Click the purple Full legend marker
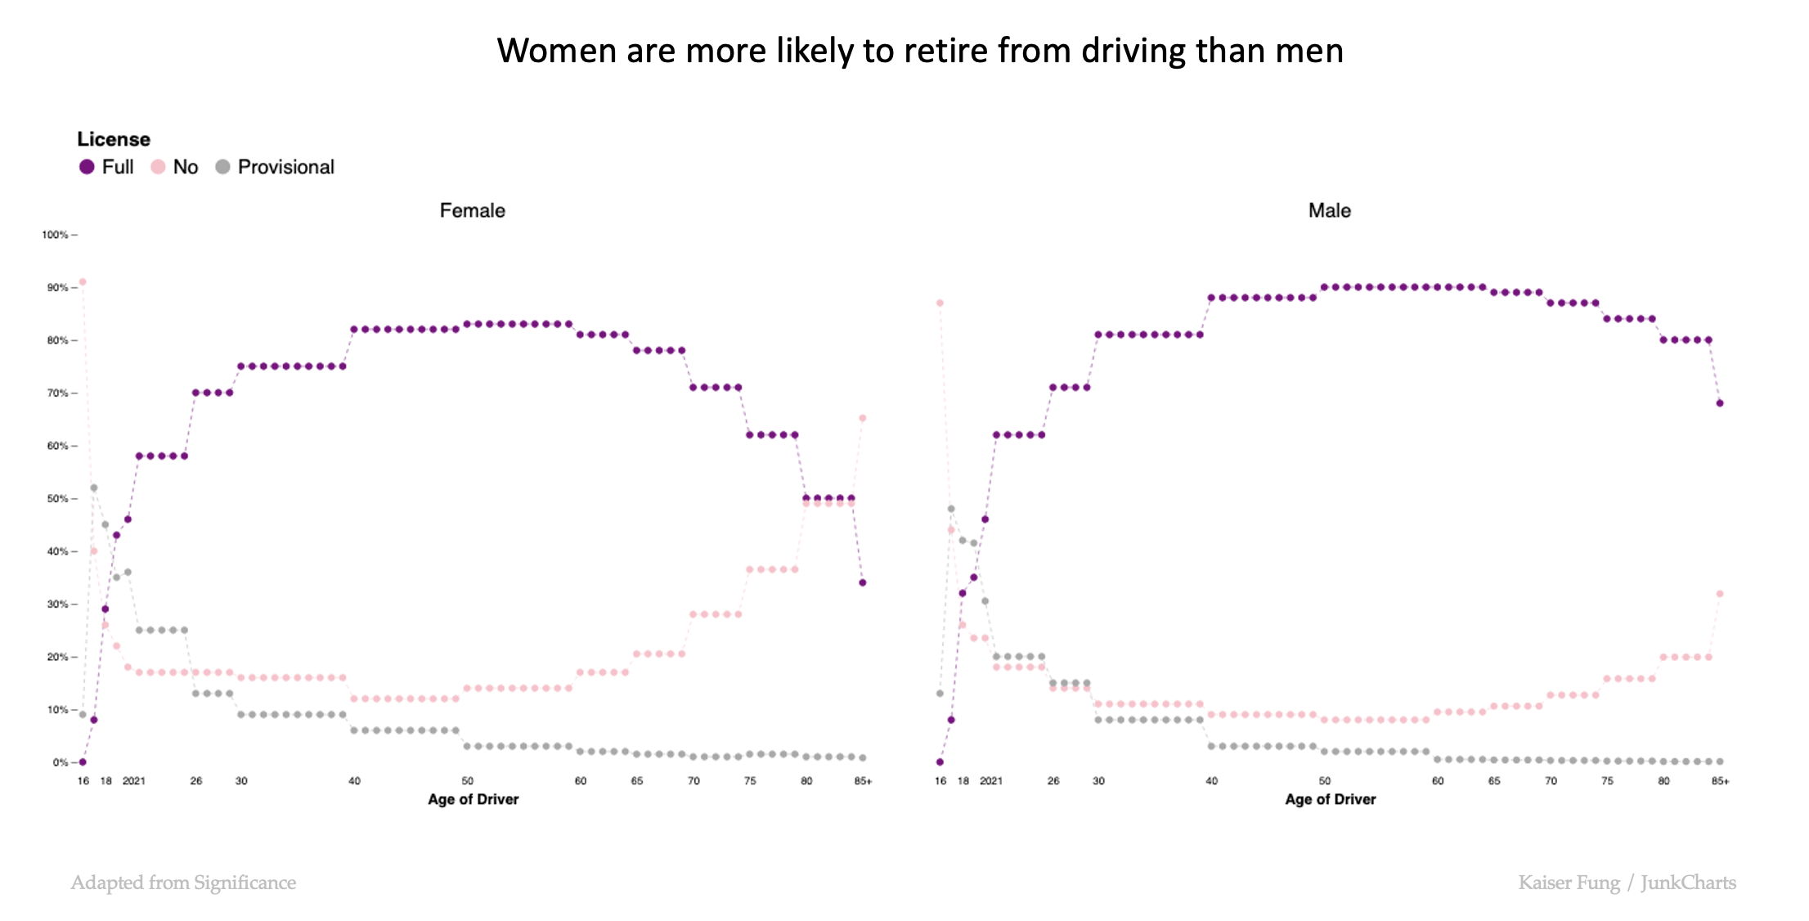[x=87, y=167]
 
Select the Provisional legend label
[x=285, y=167]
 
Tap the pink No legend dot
[x=159, y=167]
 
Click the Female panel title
[x=472, y=210]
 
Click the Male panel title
[x=1329, y=210]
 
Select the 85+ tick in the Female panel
[x=863, y=781]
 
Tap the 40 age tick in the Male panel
[x=1211, y=781]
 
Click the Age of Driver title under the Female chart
[x=473, y=799]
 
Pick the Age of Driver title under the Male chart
[x=1330, y=799]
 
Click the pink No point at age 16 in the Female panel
[x=83, y=282]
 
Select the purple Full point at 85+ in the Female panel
[x=863, y=582]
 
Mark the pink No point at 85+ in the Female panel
[x=863, y=418]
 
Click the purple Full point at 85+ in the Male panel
[x=1720, y=403]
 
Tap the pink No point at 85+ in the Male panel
[x=1720, y=594]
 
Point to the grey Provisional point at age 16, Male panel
[x=940, y=694]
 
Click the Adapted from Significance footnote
[x=183, y=883]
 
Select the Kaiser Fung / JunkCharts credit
[x=1627, y=883]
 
